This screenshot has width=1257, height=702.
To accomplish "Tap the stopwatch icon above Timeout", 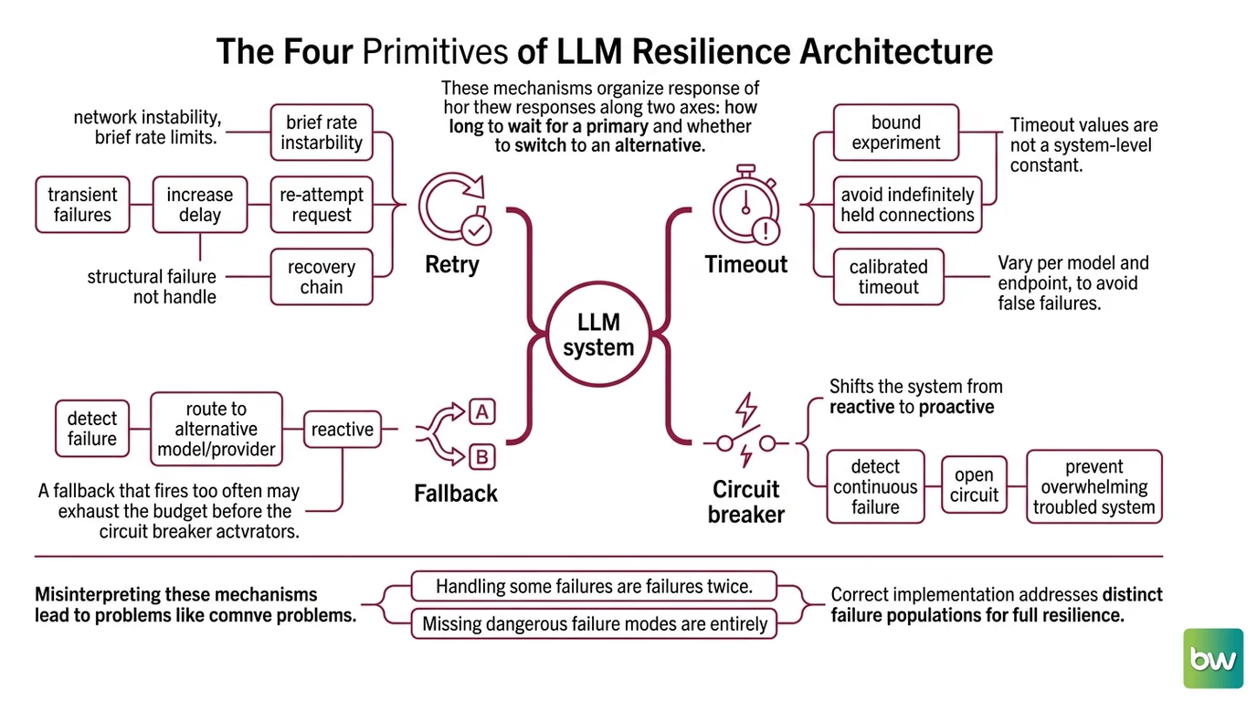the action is pos(746,205).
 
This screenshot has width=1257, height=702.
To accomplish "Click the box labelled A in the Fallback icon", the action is pos(482,412).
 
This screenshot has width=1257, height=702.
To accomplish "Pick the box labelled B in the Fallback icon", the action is pos(482,457).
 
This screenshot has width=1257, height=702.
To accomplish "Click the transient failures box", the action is pos(82,205).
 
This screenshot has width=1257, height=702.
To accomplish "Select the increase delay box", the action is pos(200,205).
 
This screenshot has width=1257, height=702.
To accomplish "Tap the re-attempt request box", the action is pos(322,205).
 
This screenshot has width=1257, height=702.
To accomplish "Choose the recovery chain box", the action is pos(322,277).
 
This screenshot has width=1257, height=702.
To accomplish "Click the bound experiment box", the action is pos(896,133).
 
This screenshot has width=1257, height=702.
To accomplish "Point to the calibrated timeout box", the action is pos(888,277).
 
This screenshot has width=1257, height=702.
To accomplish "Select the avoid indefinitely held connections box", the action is pos(907,205).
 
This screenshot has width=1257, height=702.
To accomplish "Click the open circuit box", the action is pos(974,484).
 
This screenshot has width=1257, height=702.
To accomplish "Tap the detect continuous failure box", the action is pos(875,486).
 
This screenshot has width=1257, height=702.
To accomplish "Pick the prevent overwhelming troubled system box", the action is pos(1094,486).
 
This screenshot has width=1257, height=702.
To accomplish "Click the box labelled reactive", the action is pos(343,429).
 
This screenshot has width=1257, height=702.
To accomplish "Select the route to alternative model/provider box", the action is pos(216,429).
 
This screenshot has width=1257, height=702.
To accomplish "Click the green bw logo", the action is pos(1213,658).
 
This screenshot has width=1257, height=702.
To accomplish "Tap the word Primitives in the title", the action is pos(435,52).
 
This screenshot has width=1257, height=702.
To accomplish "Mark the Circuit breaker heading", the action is pos(745,502).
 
